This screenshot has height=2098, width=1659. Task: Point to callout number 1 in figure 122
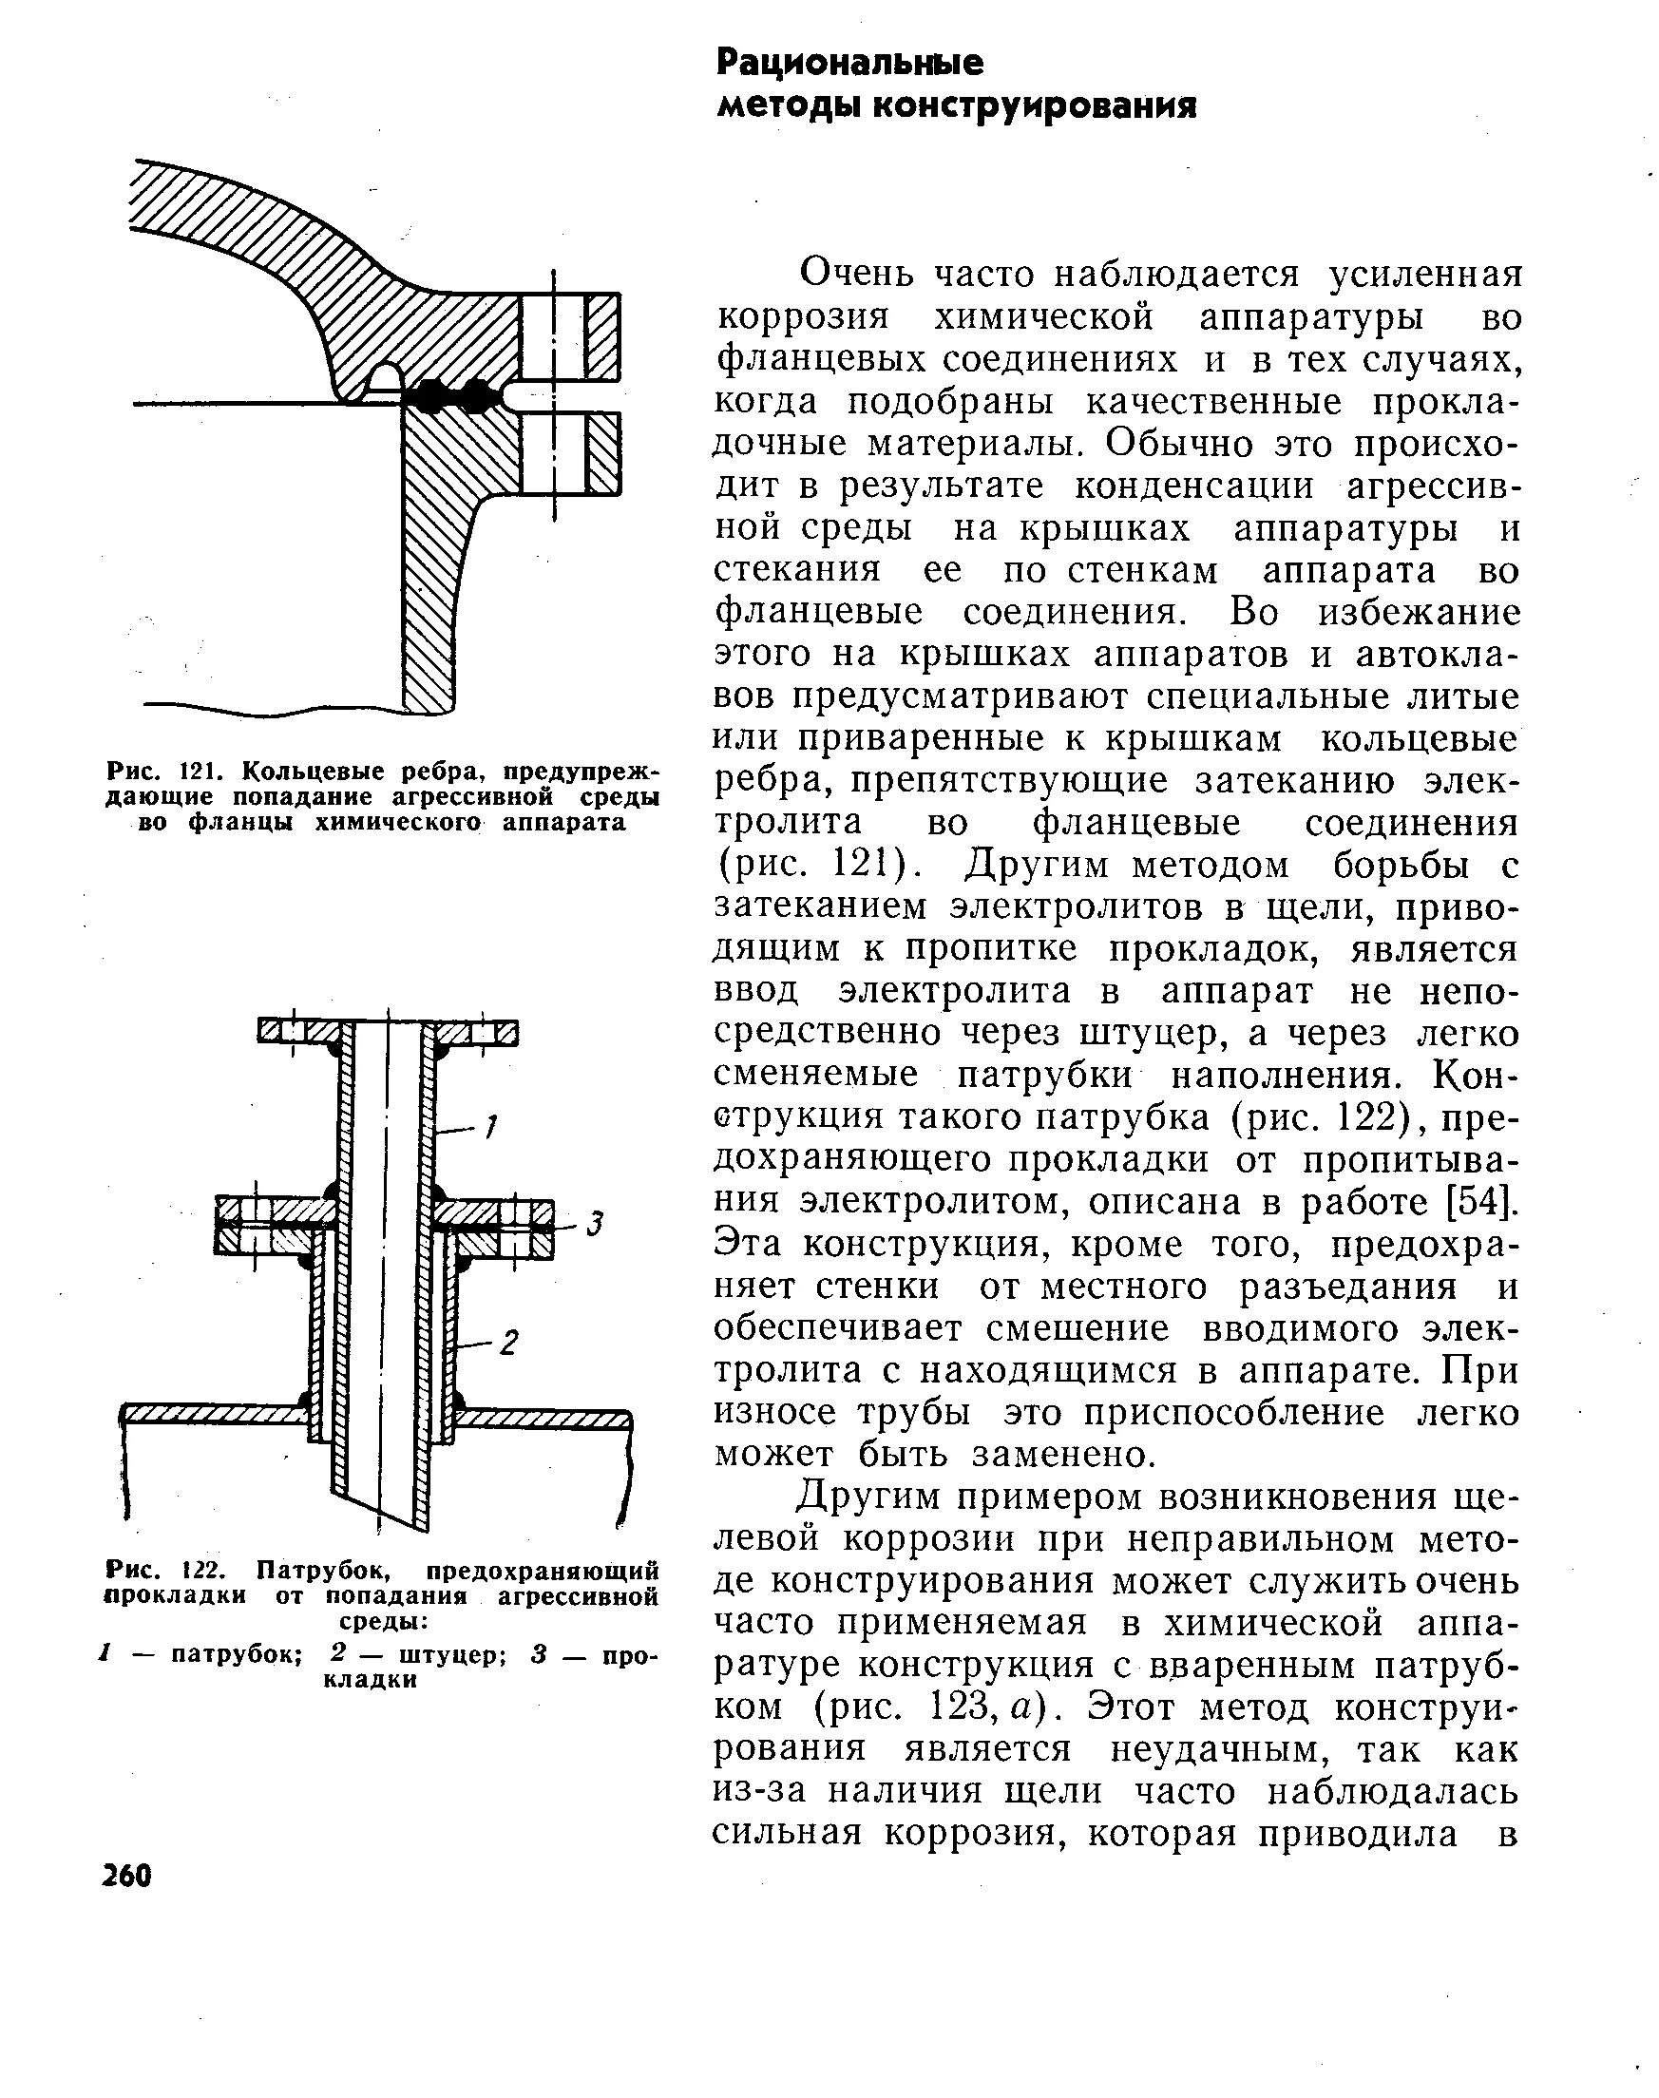click(x=491, y=1127)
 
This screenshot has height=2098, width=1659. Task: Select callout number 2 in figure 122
click(x=509, y=1344)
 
